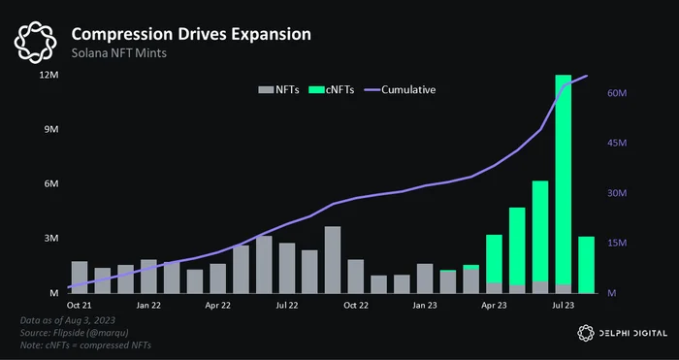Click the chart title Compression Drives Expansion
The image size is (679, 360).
click(x=191, y=35)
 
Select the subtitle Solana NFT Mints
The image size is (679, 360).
click(x=118, y=53)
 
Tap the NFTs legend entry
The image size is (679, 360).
click(x=279, y=89)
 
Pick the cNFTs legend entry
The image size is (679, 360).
click(x=332, y=89)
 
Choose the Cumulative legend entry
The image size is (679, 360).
click(x=401, y=89)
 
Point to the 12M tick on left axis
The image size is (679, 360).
click(x=48, y=76)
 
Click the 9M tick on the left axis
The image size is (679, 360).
click(x=51, y=130)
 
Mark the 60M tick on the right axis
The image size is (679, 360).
click(x=617, y=93)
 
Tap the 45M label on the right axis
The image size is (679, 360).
click(x=617, y=144)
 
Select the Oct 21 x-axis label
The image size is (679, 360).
click(x=80, y=306)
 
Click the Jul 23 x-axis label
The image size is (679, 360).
click(x=563, y=306)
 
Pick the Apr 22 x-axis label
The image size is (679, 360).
click(x=217, y=306)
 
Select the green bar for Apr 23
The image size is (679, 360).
click(x=494, y=259)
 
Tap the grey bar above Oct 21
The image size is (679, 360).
click(x=80, y=278)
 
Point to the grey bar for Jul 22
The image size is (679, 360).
click(x=287, y=268)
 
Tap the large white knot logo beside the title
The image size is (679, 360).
click(x=36, y=43)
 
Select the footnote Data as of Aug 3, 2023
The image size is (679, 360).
click(x=68, y=320)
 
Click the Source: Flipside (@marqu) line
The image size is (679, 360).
click(x=74, y=333)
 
